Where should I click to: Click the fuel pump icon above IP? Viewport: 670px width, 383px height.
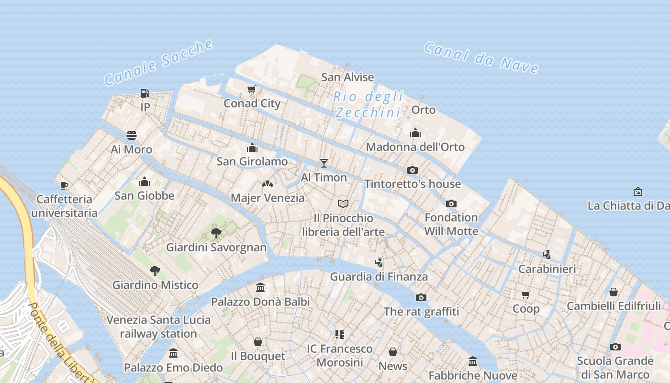pyautogui.click(x=145, y=93)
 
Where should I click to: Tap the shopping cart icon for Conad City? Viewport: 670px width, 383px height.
pyautogui.click(x=252, y=89)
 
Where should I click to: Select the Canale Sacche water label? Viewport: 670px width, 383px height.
pyautogui.click(x=158, y=63)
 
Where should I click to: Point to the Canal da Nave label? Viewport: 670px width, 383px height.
pyautogui.click(x=481, y=57)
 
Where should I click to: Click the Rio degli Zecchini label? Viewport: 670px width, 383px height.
pyautogui.click(x=368, y=104)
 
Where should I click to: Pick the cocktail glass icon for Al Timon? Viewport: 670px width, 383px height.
pyautogui.click(x=324, y=163)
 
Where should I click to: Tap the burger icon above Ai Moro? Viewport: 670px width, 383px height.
pyautogui.click(x=132, y=135)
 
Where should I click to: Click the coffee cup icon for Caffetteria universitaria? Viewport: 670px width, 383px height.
pyautogui.click(x=64, y=185)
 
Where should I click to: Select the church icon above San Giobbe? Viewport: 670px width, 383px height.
pyautogui.click(x=145, y=181)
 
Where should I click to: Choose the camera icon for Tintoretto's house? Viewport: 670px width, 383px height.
pyautogui.click(x=413, y=170)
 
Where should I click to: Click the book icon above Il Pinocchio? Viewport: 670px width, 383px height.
pyautogui.click(x=343, y=204)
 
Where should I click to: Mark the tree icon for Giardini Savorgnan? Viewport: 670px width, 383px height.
pyautogui.click(x=216, y=233)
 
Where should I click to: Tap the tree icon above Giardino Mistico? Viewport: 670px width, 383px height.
pyautogui.click(x=155, y=271)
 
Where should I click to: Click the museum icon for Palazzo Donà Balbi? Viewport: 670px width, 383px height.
pyautogui.click(x=260, y=287)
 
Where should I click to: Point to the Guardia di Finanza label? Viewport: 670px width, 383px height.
pyautogui.click(x=379, y=276)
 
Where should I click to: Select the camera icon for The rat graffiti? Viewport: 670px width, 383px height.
pyautogui.click(x=421, y=297)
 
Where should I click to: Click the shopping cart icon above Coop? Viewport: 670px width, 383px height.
pyautogui.click(x=526, y=294)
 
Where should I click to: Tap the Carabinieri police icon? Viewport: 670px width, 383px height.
pyautogui.click(x=547, y=254)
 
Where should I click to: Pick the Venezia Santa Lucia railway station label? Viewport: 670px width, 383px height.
pyautogui.click(x=158, y=327)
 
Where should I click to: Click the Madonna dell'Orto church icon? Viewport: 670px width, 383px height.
pyautogui.click(x=415, y=133)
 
